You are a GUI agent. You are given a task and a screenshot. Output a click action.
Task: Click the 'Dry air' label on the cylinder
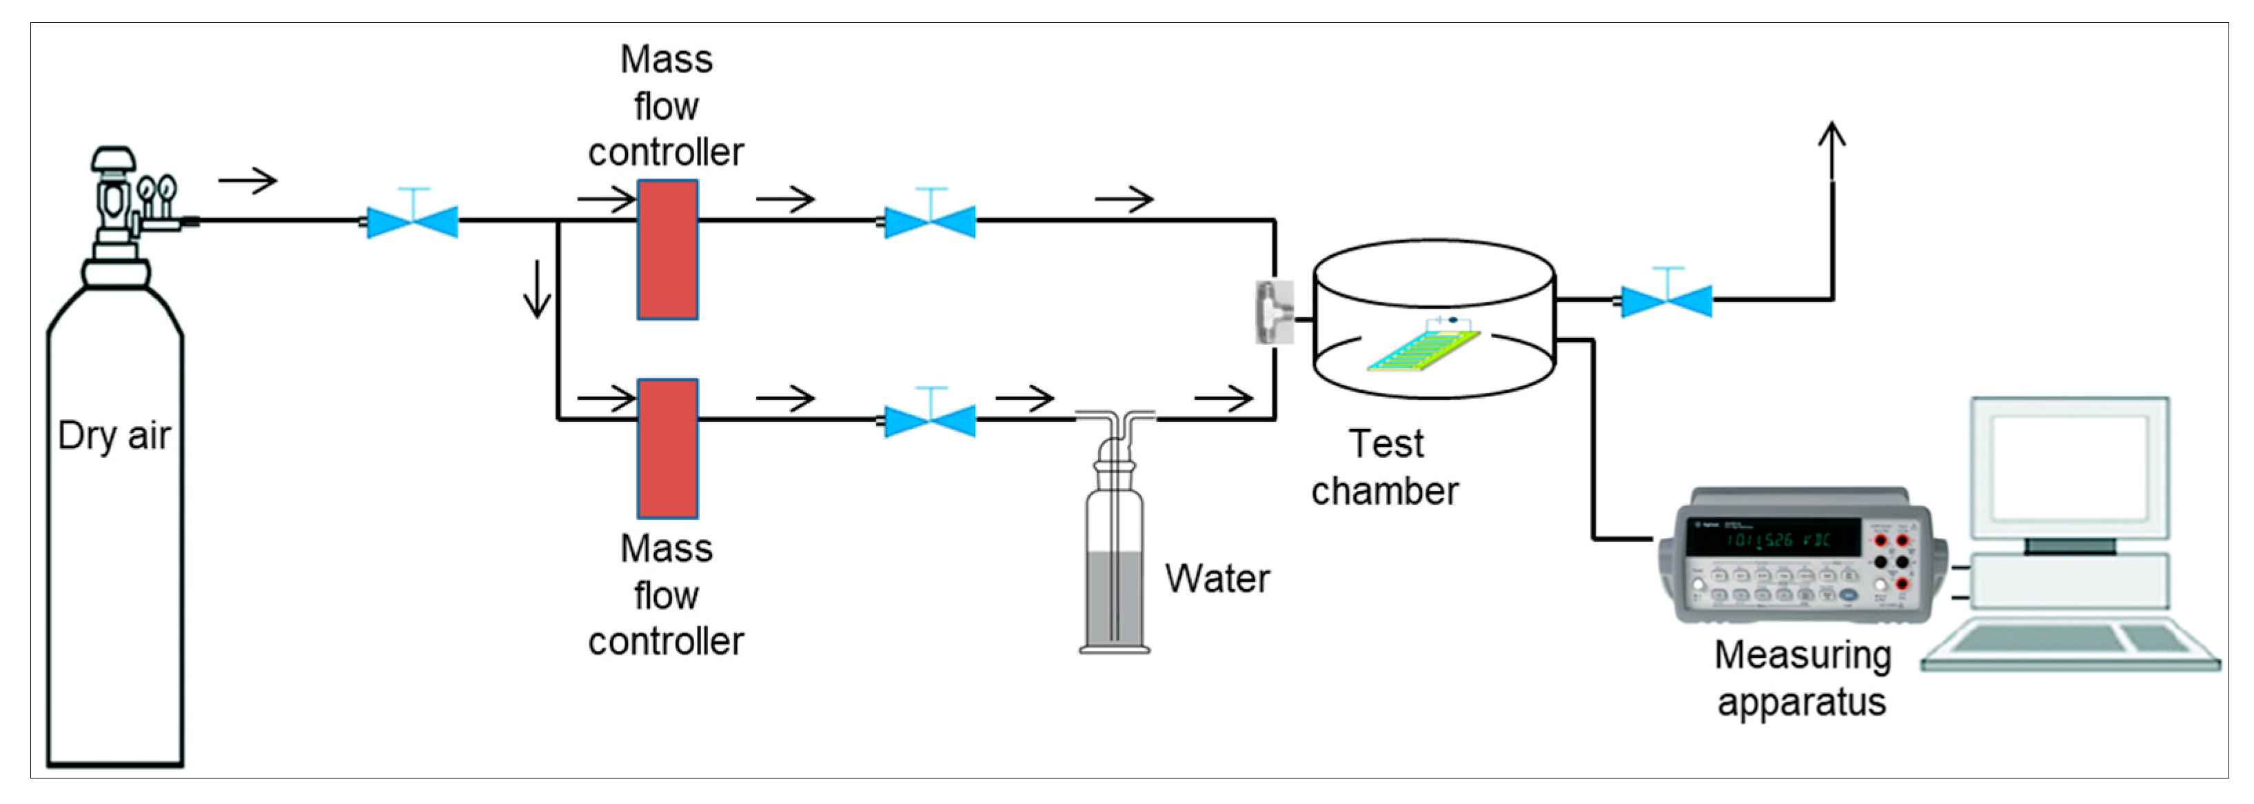pos(114,436)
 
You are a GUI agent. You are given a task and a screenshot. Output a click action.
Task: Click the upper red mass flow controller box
pos(667,250)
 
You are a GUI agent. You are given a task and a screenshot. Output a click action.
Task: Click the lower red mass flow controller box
pos(667,448)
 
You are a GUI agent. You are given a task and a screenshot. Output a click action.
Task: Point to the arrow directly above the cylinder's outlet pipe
pos(247,181)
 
